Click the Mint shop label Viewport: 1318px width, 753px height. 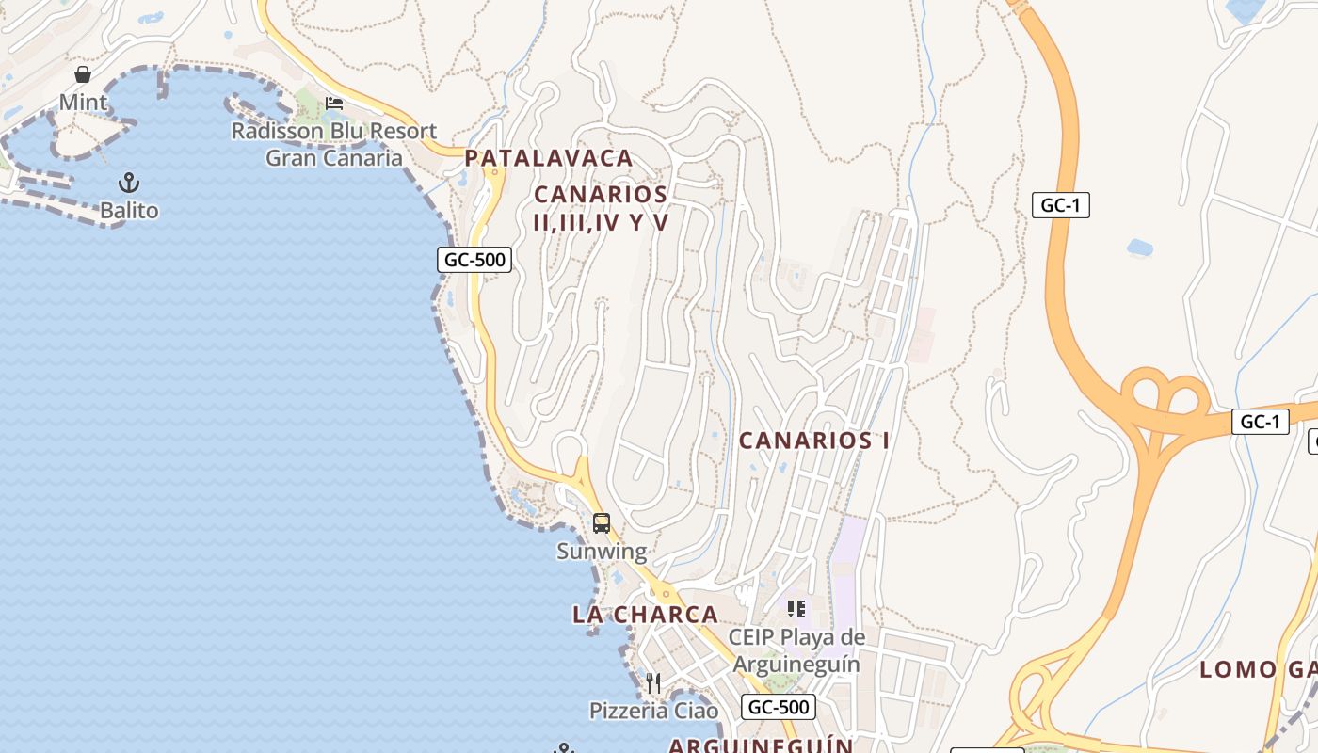83,102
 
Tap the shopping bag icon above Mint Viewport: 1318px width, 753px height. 83,74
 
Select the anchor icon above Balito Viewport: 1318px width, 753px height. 129,183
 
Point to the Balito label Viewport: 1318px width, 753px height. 129,210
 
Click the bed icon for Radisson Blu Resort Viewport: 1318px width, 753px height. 334,104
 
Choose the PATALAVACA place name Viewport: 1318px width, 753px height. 549,158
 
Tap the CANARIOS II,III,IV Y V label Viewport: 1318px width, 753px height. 601,208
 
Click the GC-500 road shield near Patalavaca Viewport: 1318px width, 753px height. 474,260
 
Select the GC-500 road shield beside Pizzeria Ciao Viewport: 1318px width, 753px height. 778,707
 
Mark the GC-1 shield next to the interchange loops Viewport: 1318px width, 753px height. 1260,422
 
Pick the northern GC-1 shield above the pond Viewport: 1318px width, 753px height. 1060,205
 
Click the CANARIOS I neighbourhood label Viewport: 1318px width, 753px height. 814,441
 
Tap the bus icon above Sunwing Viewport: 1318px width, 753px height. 602,523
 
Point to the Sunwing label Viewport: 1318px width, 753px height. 602,551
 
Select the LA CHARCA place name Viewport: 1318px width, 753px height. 645,615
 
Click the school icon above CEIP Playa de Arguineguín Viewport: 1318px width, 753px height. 796,609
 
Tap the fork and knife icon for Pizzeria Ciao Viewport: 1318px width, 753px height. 653,682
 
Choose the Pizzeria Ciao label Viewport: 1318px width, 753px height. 653,710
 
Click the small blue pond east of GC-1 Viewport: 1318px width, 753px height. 1139,248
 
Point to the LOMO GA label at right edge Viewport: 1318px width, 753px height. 1257,670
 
